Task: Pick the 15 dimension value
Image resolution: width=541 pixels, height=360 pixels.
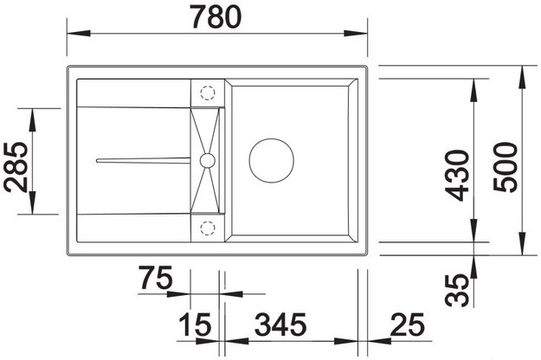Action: coord(196,326)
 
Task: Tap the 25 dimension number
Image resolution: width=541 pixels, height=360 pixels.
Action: coord(406,326)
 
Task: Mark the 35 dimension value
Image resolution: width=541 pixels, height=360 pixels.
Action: coord(459,286)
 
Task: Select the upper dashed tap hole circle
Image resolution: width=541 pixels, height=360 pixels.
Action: coord(208,91)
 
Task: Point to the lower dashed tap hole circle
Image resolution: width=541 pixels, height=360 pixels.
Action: coord(208,227)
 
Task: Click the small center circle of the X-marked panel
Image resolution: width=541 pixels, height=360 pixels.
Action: coord(207,159)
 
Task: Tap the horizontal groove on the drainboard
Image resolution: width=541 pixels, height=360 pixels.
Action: coord(143,159)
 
